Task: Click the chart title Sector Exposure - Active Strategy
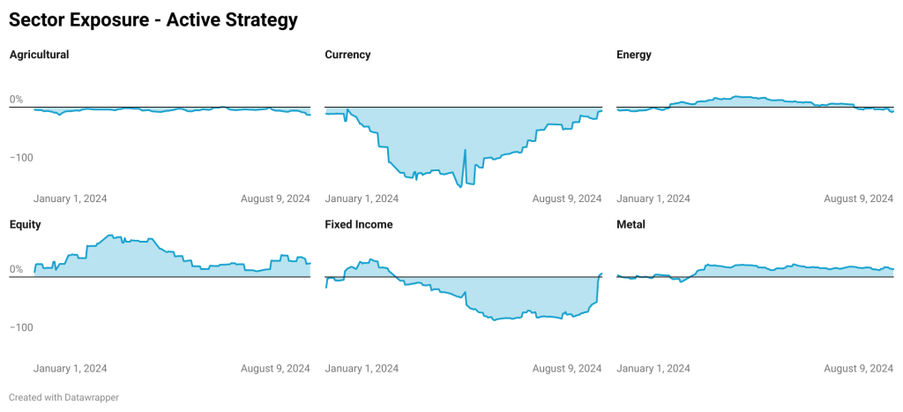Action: (153, 19)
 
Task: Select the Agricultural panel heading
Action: (39, 55)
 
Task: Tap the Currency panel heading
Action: (347, 55)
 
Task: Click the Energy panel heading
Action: (634, 55)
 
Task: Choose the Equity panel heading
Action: (25, 225)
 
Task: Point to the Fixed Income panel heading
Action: (359, 225)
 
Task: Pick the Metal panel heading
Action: (631, 225)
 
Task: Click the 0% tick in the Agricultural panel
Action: (16, 100)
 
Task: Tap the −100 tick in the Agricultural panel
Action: (21, 157)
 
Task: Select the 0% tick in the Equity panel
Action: (16, 270)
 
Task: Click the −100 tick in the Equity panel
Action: (21, 327)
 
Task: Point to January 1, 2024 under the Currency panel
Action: (362, 199)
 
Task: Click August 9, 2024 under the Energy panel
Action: (858, 199)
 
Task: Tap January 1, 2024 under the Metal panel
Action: (653, 369)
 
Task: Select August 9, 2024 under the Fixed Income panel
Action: (567, 369)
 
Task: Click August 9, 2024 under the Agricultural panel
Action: (275, 199)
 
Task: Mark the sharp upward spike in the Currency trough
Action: (465, 151)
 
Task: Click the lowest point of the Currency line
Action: (460, 187)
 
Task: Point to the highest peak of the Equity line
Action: (109, 236)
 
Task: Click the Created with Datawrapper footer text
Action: (63, 398)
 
